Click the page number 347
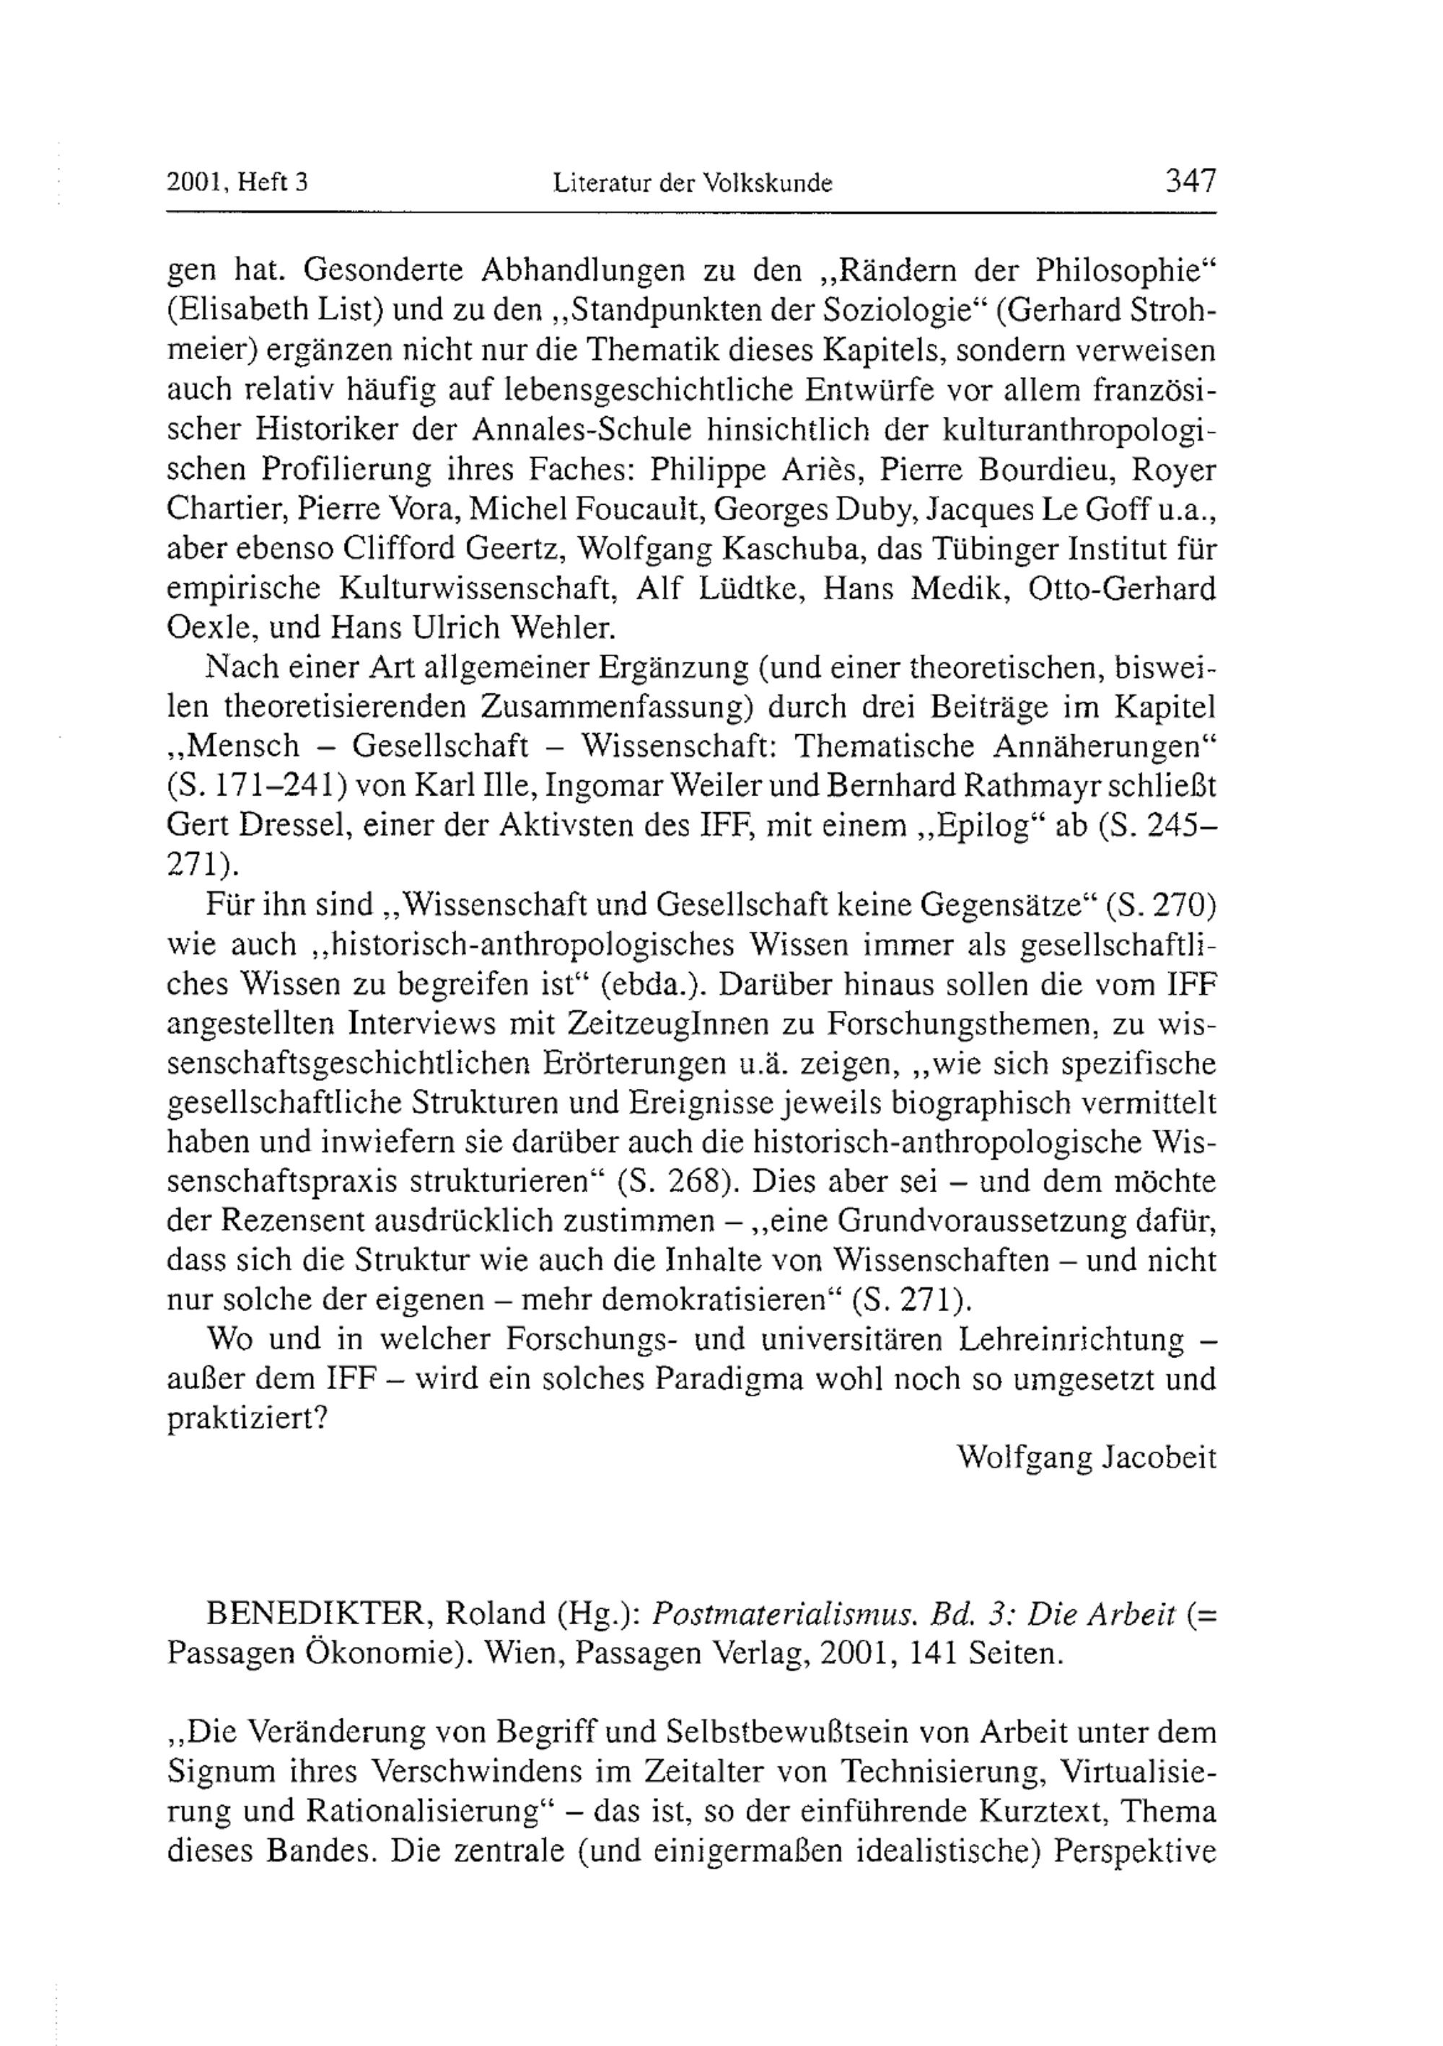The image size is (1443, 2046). tap(1189, 182)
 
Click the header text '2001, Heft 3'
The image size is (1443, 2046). tap(237, 184)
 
